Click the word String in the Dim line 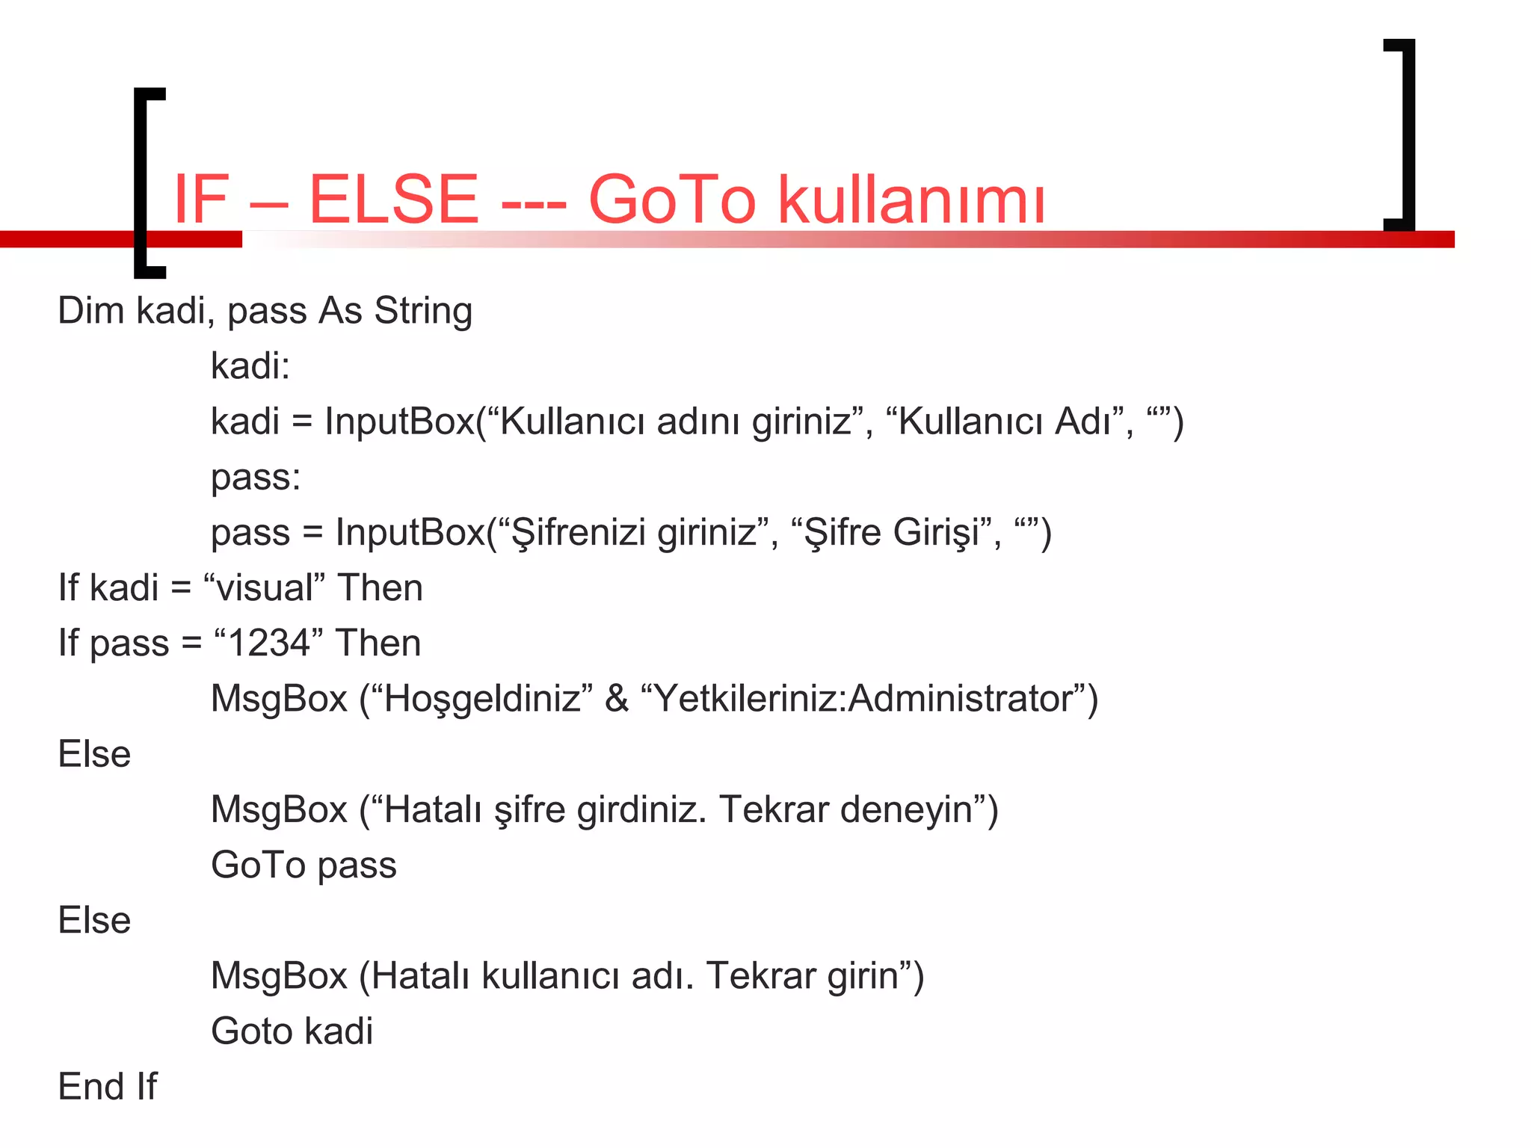click(x=423, y=311)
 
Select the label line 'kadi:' click(x=250, y=366)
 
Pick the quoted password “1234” click(x=268, y=643)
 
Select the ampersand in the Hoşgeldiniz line click(x=617, y=699)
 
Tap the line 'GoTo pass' click(x=304, y=865)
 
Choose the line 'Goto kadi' click(x=292, y=1031)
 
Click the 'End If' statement click(x=108, y=1087)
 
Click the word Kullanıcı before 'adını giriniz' click(x=571, y=422)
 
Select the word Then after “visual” click(x=380, y=587)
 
